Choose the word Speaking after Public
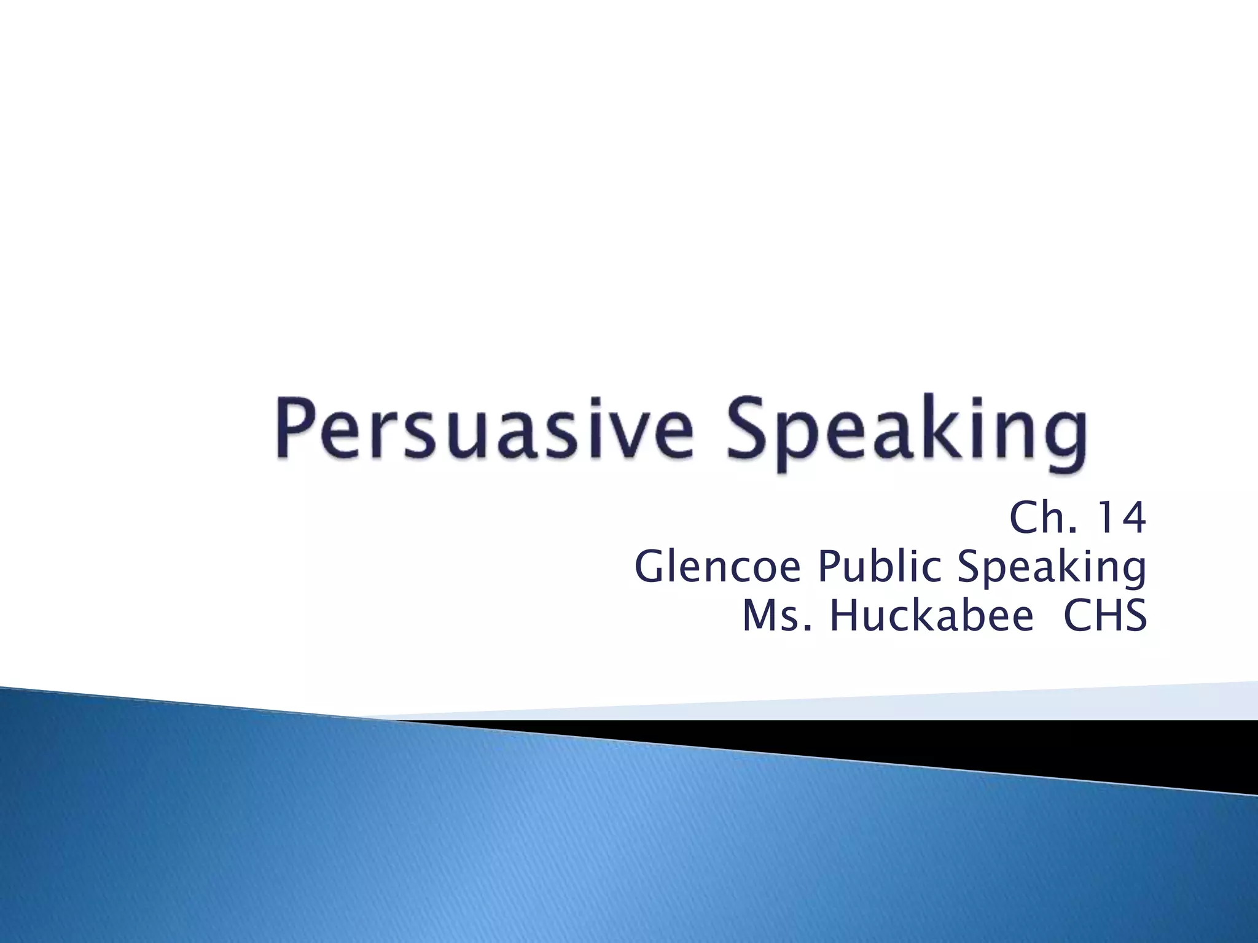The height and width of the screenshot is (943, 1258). pyautogui.click(x=1052, y=568)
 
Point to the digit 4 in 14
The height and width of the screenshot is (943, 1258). pyautogui.click(x=1132, y=519)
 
